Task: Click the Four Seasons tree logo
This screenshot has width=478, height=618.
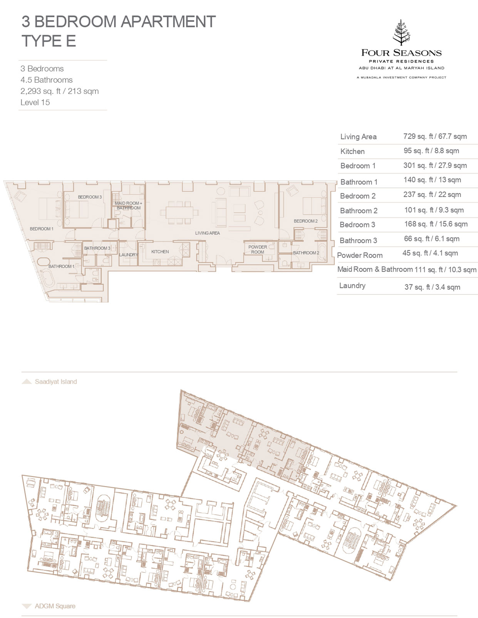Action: (x=401, y=33)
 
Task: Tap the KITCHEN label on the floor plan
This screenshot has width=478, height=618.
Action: (x=160, y=252)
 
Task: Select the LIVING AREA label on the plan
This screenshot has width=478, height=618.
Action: (x=208, y=233)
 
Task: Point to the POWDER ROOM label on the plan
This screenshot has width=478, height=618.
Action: (x=258, y=249)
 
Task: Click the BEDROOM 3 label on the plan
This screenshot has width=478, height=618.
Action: (x=90, y=197)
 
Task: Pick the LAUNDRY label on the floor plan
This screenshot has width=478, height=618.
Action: (x=128, y=255)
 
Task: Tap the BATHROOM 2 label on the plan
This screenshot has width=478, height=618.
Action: (x=306, y=252)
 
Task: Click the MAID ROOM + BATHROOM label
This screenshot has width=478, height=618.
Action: (x=128, y=205)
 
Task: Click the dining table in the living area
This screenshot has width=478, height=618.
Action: (x=179, y=212)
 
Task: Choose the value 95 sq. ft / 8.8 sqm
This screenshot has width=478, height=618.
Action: (x=431, y=151)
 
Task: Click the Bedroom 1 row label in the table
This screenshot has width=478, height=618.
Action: (x=358, y=166)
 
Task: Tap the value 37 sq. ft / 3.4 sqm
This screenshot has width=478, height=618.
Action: (x=433, y=287)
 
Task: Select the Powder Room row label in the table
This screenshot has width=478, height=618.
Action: (x=360, y=255)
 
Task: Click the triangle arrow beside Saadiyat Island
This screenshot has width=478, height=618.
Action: (x=27, y=381)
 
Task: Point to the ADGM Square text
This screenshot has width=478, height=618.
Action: (x=55, y=606)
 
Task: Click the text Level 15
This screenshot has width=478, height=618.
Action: (x=35, y=102)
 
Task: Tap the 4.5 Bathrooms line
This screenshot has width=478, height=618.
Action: (x=46, y=80)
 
